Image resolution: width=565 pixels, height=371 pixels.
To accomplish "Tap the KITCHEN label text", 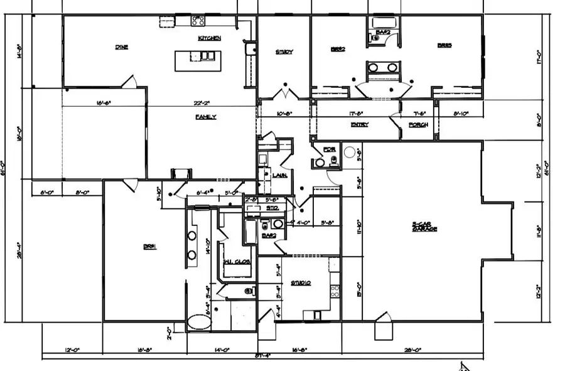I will pyautogui.click(x=209, y=38).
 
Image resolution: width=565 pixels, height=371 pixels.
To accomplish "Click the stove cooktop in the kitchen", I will pyautogui.click(x=198, y=21).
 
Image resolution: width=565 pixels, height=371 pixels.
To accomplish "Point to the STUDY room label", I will pyautogui.click(x=284, y=52).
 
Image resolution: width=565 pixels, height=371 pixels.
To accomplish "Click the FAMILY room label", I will pyautogui.click(x=205, y=117).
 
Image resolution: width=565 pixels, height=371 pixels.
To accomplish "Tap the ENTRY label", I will pyautogui.click(x=359, y=124).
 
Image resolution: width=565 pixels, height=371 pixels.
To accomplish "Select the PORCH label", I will pyautogui.click(x=418, y=124).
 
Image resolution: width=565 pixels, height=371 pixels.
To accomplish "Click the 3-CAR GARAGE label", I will pyautogui.click(x=424, y=227).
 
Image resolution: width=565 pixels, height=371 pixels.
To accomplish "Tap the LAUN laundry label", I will pyautogui.click(x=280, y=175).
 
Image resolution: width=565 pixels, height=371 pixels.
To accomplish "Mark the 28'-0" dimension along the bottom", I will pyautogui.click(x=412, y=350).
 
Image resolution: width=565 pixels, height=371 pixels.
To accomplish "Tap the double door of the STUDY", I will pyautogui.click(x=284, y=95).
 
